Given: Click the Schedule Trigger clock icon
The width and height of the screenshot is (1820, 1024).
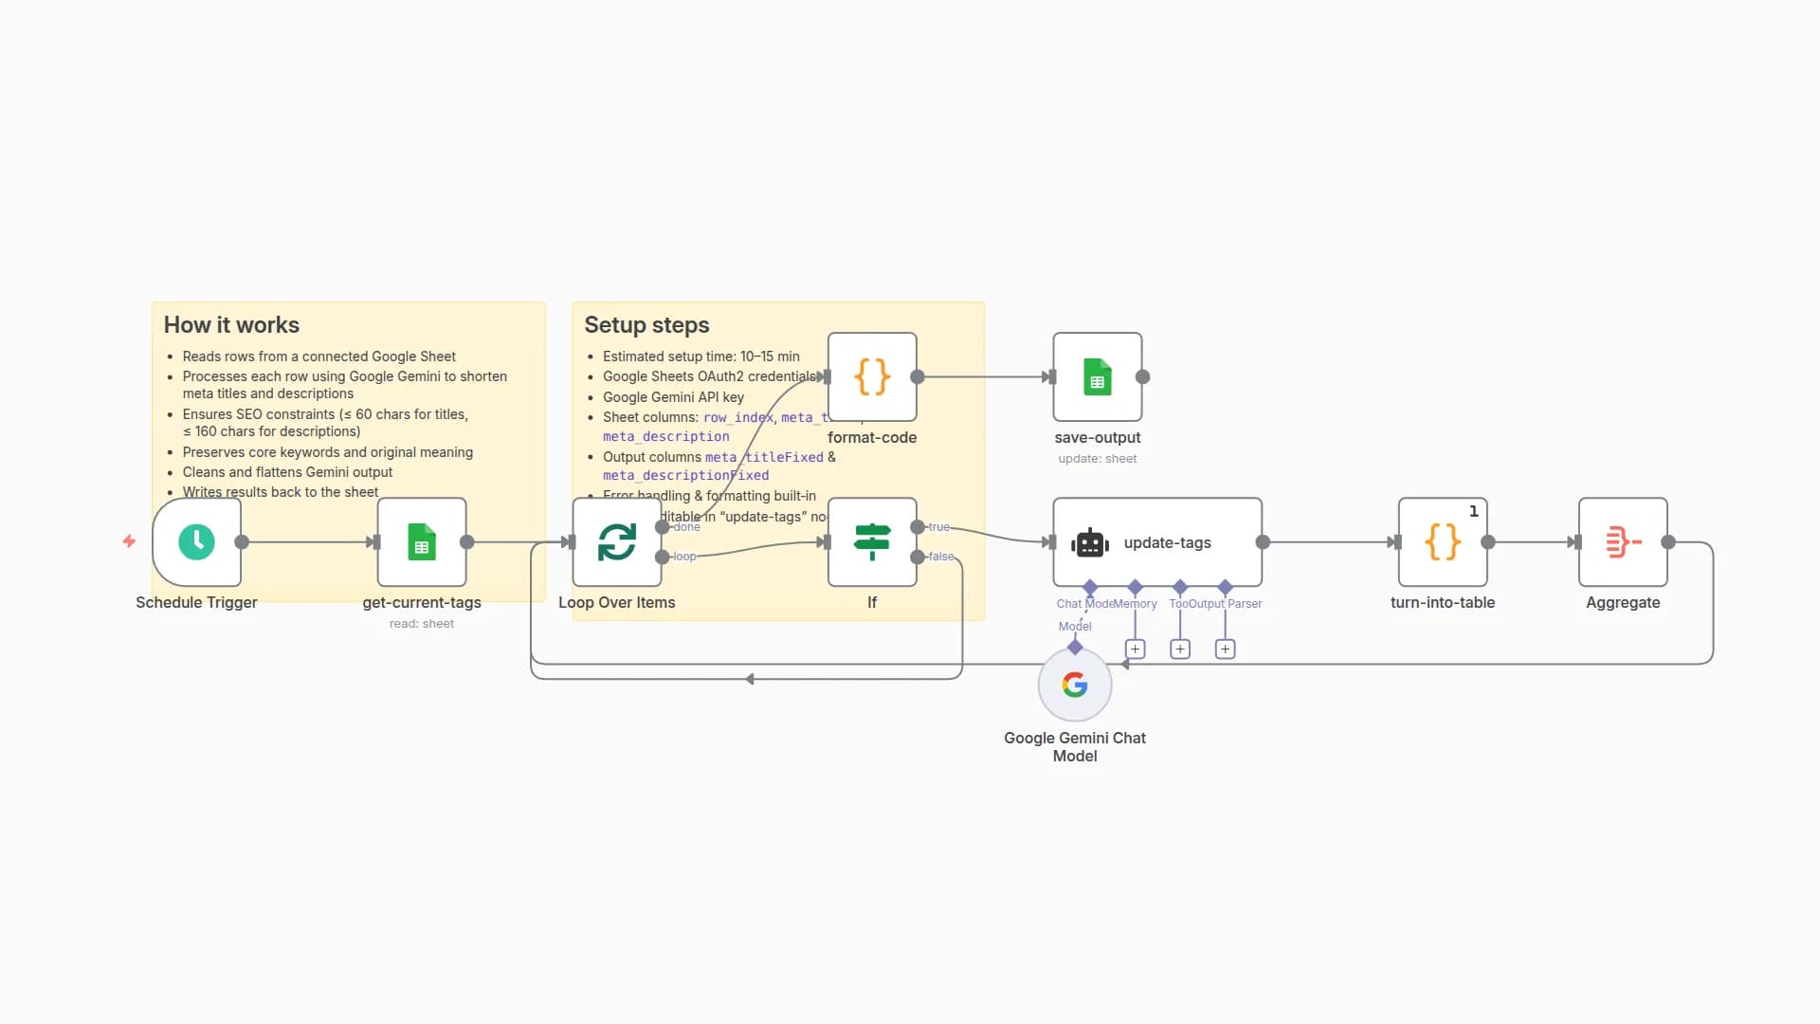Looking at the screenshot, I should [x=196, y=541].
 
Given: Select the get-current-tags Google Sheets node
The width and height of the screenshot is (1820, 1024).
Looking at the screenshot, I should [x=422, y=541].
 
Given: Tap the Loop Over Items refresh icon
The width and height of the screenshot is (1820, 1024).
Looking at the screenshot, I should [x=616, y=541].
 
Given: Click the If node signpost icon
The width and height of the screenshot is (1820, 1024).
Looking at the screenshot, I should [x=871, y=541].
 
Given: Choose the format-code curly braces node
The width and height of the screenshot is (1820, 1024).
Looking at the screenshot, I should [x=871, y=376].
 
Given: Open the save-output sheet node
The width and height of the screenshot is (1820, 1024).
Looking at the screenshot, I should [x=1097, y=376].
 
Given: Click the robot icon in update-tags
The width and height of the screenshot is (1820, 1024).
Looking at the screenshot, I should [x=1089, y=543].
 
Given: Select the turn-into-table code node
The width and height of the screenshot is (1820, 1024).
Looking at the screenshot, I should [x=1442, y=541].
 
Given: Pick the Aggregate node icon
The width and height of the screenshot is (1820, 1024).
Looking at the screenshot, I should [x=1622, y=541].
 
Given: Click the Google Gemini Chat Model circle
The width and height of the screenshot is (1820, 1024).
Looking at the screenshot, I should [x=1074, y=685].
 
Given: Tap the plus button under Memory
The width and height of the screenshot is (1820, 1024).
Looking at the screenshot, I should [x=1135, y=649].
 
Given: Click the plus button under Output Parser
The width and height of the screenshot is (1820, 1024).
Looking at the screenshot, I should [x=1225, y=649].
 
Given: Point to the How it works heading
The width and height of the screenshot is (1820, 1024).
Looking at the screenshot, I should [x=231, y=324].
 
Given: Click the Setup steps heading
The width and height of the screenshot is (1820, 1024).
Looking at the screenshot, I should [x=646, y=324].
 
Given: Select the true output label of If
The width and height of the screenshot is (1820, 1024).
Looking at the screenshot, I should [x=938, y=526].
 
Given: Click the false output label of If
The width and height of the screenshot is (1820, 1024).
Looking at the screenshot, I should [x=940, y=557].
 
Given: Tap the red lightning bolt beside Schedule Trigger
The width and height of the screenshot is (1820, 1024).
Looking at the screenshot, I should [x=129, y=541].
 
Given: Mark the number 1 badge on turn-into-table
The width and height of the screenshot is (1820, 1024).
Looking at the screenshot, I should [x=1473, y=511].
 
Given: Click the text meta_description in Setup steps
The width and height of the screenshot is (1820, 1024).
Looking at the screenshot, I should [x=665, y=436].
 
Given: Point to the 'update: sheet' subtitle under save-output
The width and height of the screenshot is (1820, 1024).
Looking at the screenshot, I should [x=1097, y=458].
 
